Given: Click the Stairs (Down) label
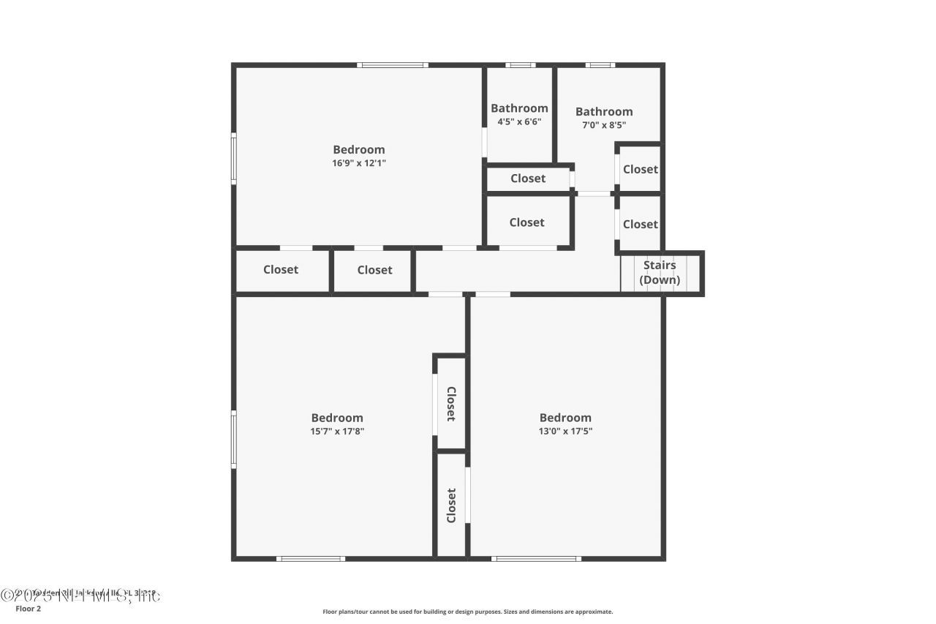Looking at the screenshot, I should pyautogui.click(x=660, y=273).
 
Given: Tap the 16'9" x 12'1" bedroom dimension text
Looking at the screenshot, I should pyautogui.click(x=359, y=163).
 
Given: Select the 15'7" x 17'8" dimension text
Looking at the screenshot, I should pyautogui.click(x=337, y=431).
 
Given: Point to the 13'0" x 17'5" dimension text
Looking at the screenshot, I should pyautogui.click(x=565, y=431).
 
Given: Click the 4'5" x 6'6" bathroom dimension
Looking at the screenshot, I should pyautogui.click(x=519, y=121).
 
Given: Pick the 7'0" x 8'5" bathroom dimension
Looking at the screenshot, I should pyautogui.click(x=604, y=125).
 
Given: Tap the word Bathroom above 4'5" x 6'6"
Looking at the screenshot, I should pyautogui.click(x=519, y=108).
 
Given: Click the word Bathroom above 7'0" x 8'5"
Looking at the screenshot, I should pyautogui.click(x=604, y=112).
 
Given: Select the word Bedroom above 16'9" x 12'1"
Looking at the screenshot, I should pyautogui.click(x=359, y=150).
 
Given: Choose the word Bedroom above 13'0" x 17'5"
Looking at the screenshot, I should pyautogui.click(x=565, y=418).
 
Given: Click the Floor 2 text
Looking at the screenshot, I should pyautogui.click(x=29, y=609).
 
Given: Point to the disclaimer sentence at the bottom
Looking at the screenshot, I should pyautogui.click(x=468, y=612).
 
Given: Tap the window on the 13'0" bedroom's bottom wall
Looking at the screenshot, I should pyautogui.click(x=536, y=559).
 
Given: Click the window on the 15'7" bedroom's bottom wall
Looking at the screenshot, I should pyautogui.click(x=311, y=559).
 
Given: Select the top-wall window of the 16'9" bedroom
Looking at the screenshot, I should pyautogui.click(x=393, y=65).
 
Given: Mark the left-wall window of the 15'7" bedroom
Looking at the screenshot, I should pyautogui.click(x=234, y=439).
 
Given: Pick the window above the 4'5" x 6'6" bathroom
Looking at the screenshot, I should pyautogui.click(x=520, y=65).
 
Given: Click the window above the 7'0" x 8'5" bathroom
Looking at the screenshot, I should pyautogui.click(x=600, y=65).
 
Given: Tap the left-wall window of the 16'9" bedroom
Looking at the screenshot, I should pyautogui.click(x=234, y=157).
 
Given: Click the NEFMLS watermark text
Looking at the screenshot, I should pyautogui.click(x=80, y=596).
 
